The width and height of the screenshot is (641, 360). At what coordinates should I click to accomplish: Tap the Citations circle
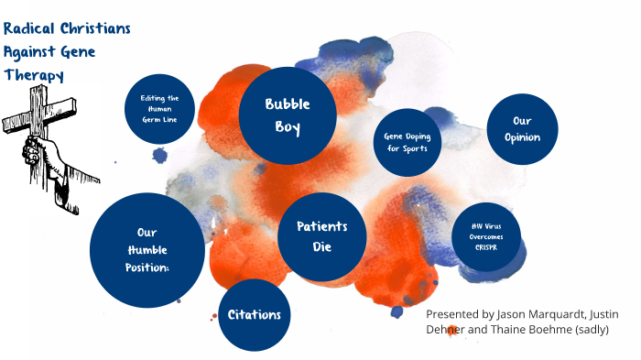click(x=255, y=315)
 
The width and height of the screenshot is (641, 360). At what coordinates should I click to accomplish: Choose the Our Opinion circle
click(x=522, y=129)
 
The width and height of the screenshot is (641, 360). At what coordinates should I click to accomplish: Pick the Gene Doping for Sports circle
click(x=407, y=142)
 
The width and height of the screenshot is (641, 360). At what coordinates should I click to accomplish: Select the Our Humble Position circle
click(x=147, y=249)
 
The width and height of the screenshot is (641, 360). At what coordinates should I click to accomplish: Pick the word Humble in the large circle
click(x=147, y=249)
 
